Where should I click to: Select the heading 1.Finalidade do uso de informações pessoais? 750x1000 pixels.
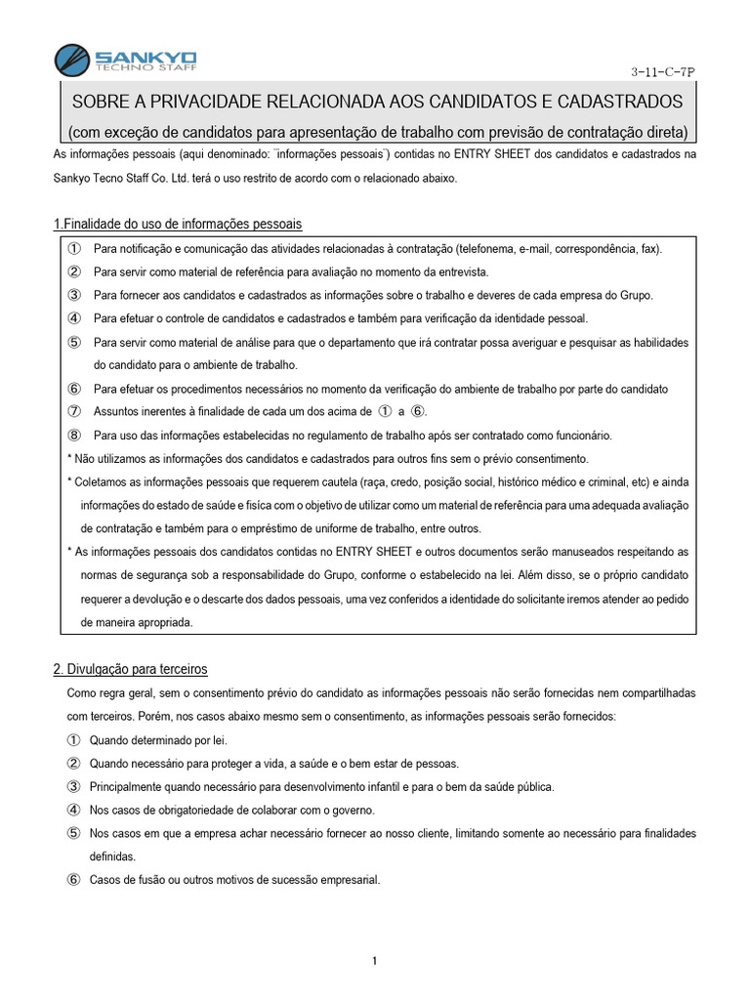[177, 225]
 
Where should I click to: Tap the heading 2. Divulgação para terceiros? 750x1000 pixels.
[130, 669]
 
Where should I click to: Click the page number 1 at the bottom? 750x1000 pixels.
[375, 962]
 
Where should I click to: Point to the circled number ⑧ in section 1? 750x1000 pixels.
[73, 436]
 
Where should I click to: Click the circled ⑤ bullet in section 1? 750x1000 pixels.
[73, 342]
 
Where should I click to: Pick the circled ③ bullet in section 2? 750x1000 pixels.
[73, 786]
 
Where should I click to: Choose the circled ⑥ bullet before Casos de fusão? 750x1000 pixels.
[73, 880]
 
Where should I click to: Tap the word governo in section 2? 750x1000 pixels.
[352, 810]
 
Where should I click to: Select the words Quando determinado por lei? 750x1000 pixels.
[158, 739]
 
